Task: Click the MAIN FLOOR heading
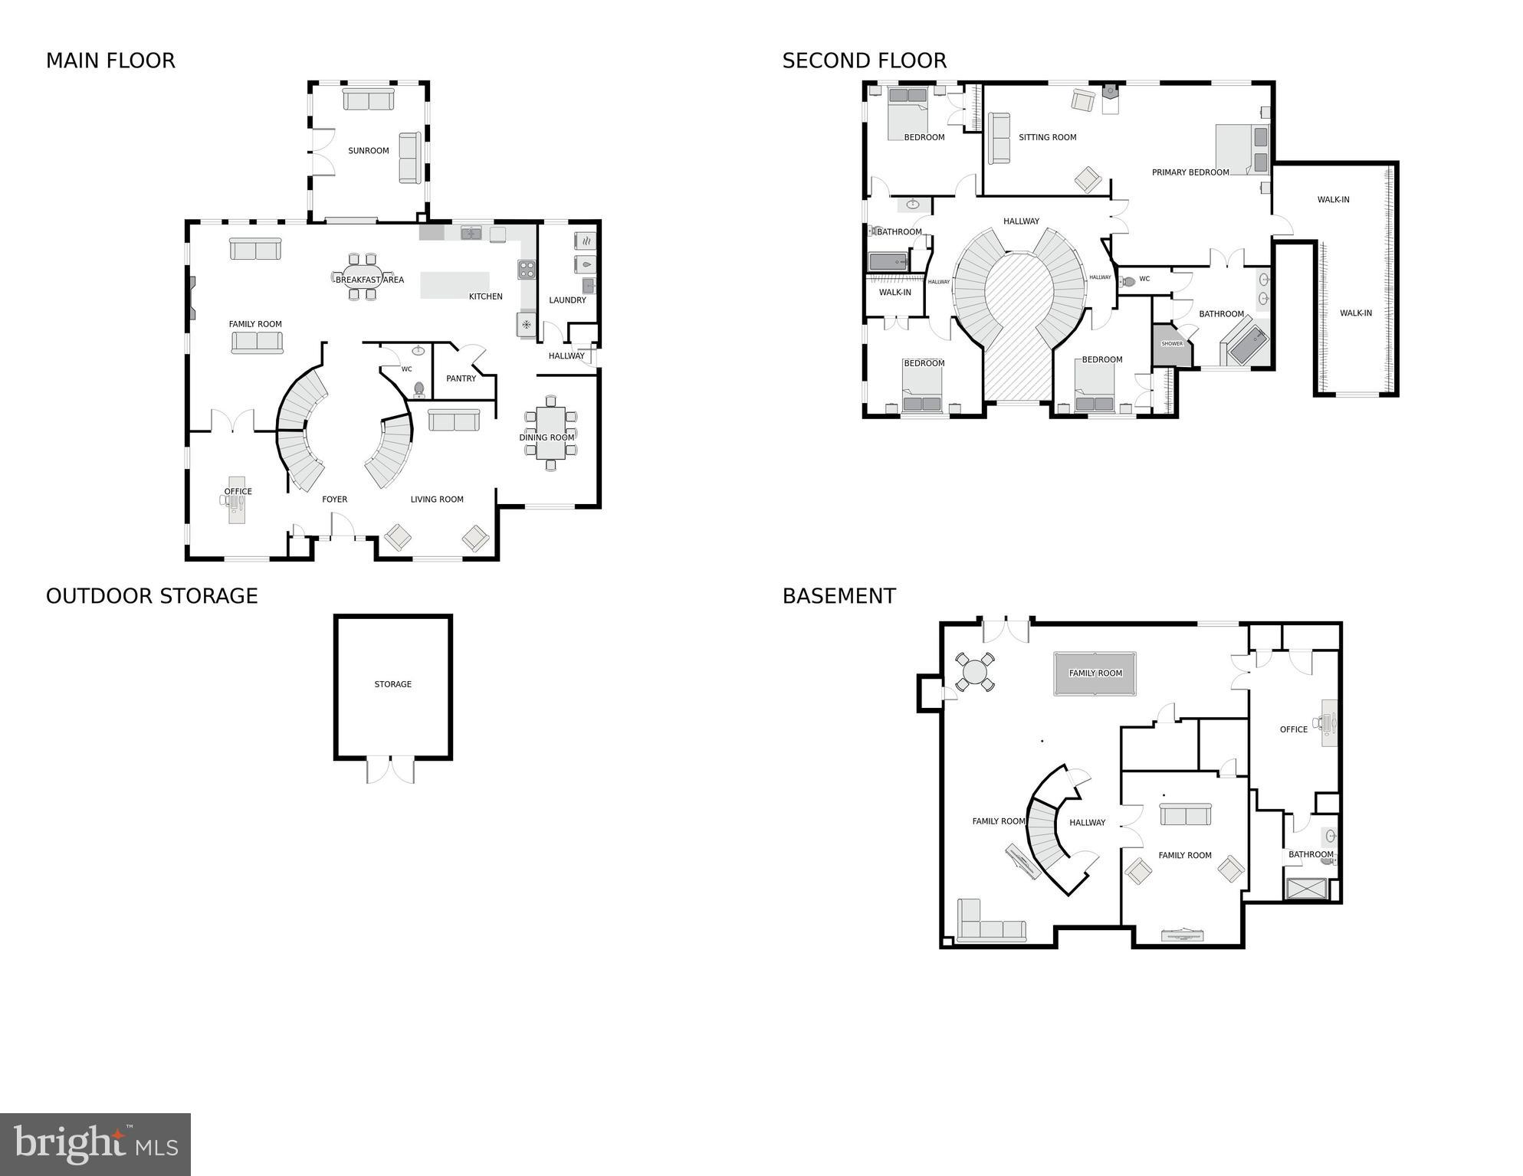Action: pos(110,61)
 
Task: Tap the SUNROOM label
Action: pos(369,151)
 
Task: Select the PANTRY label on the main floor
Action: pos(461,378)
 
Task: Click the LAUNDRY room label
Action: pos(567,300)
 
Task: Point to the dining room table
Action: pos(550,434)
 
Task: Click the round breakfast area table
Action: pos(363,277)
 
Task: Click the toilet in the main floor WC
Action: pos(419,389)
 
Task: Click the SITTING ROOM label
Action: pos(1047,138)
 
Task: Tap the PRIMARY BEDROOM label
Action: pos(1190,172)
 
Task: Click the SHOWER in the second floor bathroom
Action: pos(1172,344)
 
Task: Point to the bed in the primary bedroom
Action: pos(1242,149)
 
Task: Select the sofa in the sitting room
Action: pos(999,139)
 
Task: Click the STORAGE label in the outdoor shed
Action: pos(392,684)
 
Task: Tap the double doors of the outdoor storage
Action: pos(391,769)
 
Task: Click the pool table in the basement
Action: pos(1095,673)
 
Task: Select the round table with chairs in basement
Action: pos(974,672)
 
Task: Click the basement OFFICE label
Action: pos(1293,729)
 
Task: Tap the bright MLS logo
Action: pos(95,1145)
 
